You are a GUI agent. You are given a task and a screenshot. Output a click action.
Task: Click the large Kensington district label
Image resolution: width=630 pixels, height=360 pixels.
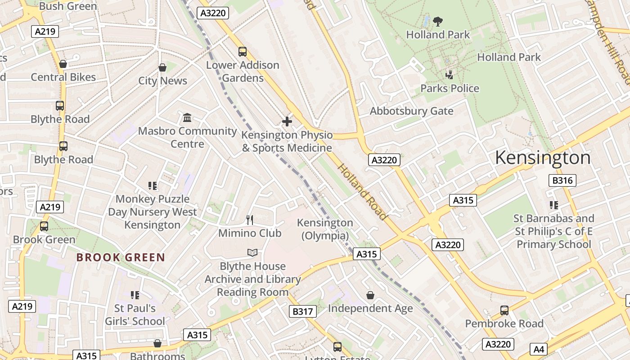click(543, 158)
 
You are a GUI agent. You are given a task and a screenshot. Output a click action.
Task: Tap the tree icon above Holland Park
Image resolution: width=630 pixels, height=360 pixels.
click(437, 21)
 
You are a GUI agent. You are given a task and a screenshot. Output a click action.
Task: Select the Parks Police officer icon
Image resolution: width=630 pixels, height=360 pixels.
click(449, 74)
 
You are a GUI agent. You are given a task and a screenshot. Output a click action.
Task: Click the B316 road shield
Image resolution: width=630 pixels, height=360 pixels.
click(562, 180)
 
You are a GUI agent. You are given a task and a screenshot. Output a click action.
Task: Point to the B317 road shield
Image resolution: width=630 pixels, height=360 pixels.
click(302, 311)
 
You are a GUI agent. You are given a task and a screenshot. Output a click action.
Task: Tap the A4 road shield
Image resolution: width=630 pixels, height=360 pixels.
click(539, 349)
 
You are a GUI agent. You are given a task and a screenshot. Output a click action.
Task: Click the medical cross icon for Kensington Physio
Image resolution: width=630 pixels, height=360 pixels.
click(287, 121)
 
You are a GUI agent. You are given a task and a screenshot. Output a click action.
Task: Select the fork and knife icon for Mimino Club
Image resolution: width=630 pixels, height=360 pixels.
click(250, 220)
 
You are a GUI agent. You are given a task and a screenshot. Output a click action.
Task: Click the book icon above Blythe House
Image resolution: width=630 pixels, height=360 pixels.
click(252, 253)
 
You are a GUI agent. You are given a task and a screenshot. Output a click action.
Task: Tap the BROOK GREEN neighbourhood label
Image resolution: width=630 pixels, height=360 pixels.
click(121, 257)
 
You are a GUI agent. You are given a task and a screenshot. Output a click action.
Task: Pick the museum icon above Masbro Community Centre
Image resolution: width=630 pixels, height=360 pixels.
click(187, 118)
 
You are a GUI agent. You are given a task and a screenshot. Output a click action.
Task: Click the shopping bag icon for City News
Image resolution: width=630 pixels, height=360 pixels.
click(162, 67)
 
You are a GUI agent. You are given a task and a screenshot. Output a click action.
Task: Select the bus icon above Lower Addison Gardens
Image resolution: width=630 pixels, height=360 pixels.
click(243, 52)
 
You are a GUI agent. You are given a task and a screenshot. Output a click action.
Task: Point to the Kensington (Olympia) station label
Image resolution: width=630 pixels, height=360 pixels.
click(325, 229)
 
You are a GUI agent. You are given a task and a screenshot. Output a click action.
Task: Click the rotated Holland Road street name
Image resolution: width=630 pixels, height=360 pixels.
click(362, 192)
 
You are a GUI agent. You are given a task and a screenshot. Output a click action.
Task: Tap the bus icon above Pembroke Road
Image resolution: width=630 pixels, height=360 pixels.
click(504, 310)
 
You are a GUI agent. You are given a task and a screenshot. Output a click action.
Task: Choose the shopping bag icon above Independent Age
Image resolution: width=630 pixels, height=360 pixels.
click(370, 295)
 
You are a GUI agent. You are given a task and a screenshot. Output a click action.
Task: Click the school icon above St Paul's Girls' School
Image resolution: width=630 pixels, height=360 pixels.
click(135, 295)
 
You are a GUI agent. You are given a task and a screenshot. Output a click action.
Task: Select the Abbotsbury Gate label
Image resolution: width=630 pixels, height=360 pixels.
click(411, 111)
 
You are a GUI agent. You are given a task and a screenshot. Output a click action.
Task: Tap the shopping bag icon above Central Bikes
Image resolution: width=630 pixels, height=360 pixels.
click(63, 64)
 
